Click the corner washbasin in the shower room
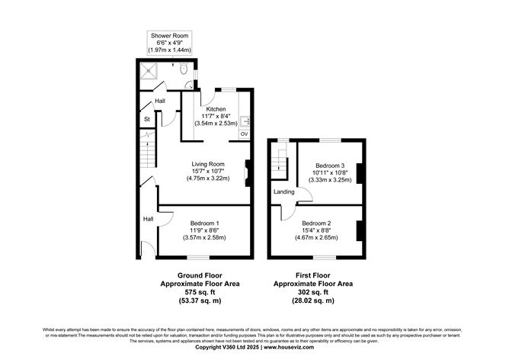[x=190, y=85]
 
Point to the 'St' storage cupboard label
[x=146, y=120]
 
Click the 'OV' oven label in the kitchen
[x=244, y=134]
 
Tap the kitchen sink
[x=245, y=121]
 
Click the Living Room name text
[x=207, y=164]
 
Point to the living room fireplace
[x=247, y=172]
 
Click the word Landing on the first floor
[x=283, y=192]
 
